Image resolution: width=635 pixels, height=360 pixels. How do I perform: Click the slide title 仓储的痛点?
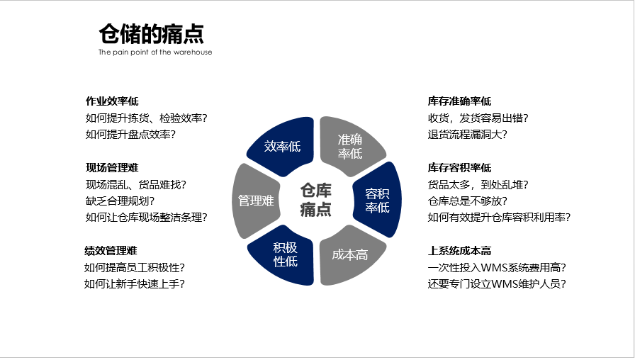click(x=151, y=33)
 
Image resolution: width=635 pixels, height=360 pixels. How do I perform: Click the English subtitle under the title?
click(x=155, y=52)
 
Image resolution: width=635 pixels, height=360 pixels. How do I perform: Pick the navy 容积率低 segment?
click(x=378, y=201)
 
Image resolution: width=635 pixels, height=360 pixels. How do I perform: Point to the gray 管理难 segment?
click(x=256, y=201)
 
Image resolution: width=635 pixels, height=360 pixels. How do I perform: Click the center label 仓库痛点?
click(x=316, y=200)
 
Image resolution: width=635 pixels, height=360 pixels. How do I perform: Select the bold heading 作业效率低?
click(x=112, y=101)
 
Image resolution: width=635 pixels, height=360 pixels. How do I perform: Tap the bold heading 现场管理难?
click(x=112, y=168)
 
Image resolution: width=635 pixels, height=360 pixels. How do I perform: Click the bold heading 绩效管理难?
click(x=111, y=251)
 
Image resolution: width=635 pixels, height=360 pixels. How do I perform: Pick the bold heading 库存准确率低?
click(x=460, y=101)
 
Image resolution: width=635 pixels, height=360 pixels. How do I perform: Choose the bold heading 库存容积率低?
click(x=460, y=168)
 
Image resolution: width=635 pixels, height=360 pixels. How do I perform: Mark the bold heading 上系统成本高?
click(x=460, y=251)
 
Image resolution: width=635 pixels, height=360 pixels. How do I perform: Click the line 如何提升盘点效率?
click(x=130, y=135)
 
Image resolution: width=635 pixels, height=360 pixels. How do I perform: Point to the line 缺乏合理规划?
click(x=120, y=201)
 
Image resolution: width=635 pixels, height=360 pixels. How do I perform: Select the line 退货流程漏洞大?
click(x=467, y=135)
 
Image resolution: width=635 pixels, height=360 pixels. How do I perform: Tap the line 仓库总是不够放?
click(x=467, y=201)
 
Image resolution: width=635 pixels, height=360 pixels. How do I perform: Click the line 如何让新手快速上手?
click(x=135, y=284)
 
